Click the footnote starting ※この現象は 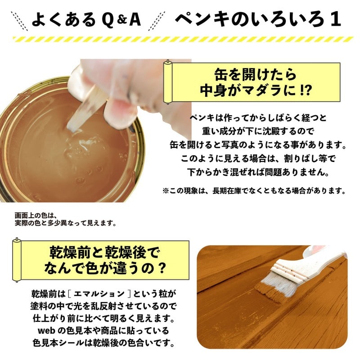pyautogui.click(x=254, y=191)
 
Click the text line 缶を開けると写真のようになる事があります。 pyautogui.click(x=254, y=146)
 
